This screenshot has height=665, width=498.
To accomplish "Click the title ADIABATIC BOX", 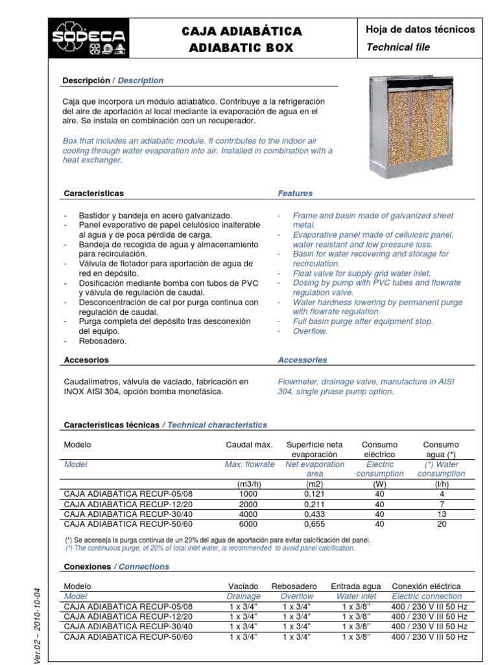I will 241,47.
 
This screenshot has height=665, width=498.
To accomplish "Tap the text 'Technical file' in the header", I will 397,47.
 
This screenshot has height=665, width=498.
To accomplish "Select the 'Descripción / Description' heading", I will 113,81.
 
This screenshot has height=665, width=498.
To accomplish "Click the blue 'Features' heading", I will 295,193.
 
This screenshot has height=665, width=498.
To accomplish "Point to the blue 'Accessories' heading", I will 302,360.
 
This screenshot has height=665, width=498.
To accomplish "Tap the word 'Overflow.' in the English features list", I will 311,331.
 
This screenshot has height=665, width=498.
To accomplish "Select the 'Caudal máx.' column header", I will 249,445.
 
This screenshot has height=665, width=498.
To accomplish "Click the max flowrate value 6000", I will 249,524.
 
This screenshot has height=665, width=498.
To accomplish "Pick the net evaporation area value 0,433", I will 315,514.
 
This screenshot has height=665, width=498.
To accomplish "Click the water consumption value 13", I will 441,514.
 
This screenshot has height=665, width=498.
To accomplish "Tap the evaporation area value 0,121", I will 315,494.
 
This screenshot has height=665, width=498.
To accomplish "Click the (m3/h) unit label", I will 249,484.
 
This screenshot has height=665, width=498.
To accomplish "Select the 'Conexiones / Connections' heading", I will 116,566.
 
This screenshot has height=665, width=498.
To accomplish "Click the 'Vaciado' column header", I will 243,586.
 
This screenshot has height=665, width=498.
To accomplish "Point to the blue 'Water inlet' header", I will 356,596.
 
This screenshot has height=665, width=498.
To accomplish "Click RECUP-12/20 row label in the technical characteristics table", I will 128,504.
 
